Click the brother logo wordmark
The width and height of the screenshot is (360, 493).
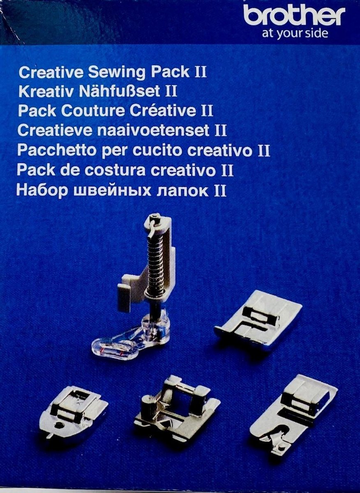294,16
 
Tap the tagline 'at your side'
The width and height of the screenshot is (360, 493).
295,34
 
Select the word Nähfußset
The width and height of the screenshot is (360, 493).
119,91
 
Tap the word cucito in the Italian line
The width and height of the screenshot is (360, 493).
159,150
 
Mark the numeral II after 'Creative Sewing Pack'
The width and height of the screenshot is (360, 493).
201,71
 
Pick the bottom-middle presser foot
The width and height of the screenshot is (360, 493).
177,409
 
